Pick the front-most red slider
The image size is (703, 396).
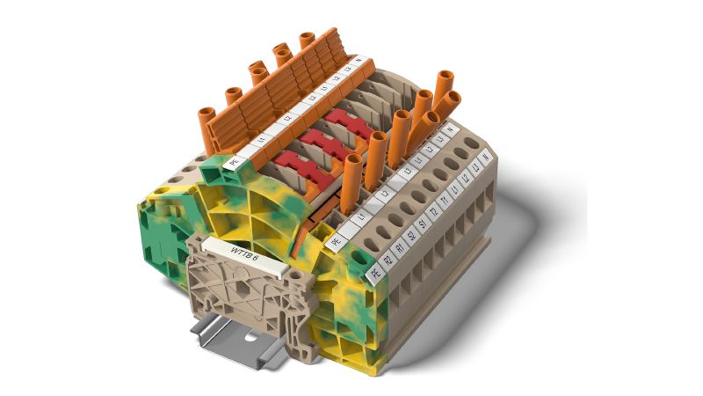click(x=293, y=163)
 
